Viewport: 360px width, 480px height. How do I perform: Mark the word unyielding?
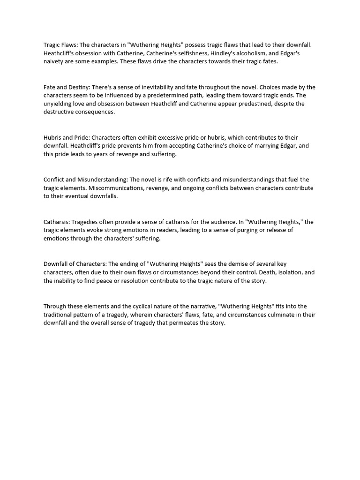click(59, 104)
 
